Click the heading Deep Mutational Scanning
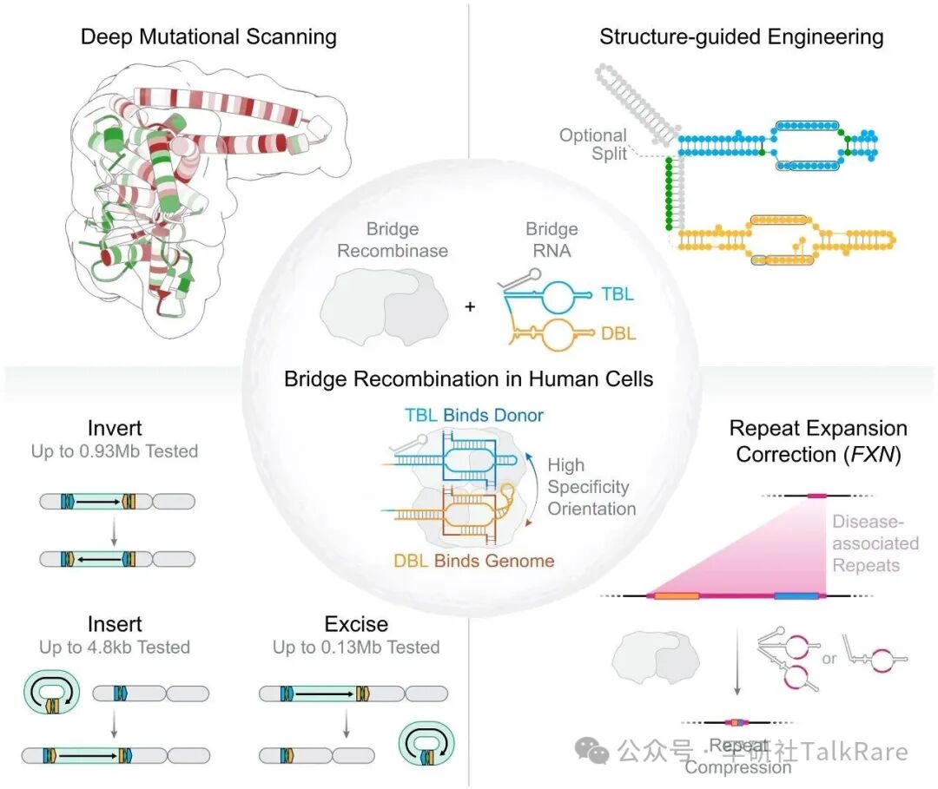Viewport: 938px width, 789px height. coord(208,36)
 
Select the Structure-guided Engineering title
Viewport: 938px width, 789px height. coord(741,36)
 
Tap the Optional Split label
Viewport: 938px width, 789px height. coord(592,144)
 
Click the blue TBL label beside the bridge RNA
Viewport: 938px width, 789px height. coord(618,293)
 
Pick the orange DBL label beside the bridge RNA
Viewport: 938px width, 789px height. coord(618,333)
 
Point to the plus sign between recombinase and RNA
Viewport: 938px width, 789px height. coord(470,306)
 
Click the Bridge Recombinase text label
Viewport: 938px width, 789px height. coord(393,240)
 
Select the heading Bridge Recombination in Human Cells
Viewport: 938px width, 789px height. coord(469,378)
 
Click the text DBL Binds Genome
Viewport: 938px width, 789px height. coord(473,561)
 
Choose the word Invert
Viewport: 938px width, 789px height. coord(115,429)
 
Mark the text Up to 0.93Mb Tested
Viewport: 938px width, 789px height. coord(115,451)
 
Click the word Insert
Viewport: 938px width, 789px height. coord(115,625)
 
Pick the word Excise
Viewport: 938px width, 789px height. coord(356,625)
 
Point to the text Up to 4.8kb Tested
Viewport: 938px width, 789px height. coord(115,648)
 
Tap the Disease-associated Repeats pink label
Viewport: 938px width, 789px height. coord(875,543)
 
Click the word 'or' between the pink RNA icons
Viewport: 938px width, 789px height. coord(829,658)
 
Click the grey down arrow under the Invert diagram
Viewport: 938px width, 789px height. coord(115,530)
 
